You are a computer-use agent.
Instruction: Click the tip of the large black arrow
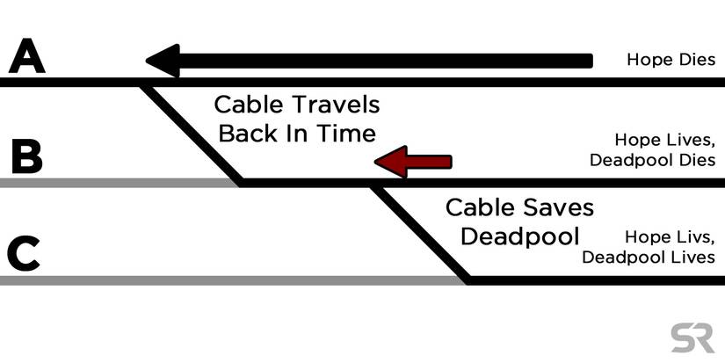(x=149, y=61)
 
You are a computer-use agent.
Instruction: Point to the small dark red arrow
(x=412, y=161)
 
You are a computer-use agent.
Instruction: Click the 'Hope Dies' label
(x=671, y=60)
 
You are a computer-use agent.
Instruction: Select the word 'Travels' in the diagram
(x=336, y=106)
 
